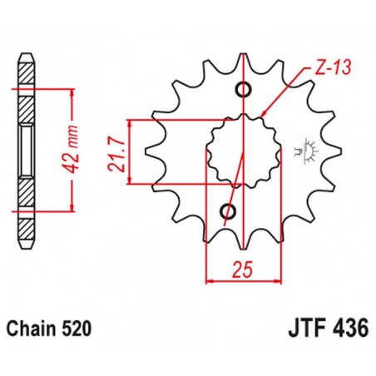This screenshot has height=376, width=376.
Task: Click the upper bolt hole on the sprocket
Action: click(x=244, y=91)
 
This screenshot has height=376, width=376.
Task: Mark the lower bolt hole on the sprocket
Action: click(x=227, y=211)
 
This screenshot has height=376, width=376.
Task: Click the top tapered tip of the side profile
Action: click(x=27, y=59)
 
